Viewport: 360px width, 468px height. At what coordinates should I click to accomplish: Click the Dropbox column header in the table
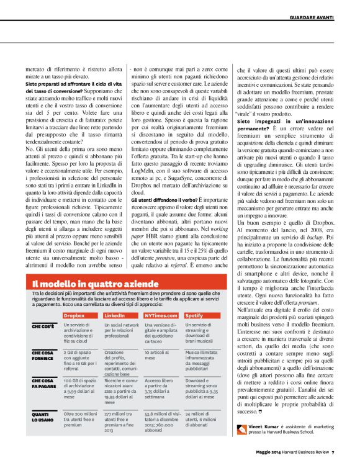click(74, 316)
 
